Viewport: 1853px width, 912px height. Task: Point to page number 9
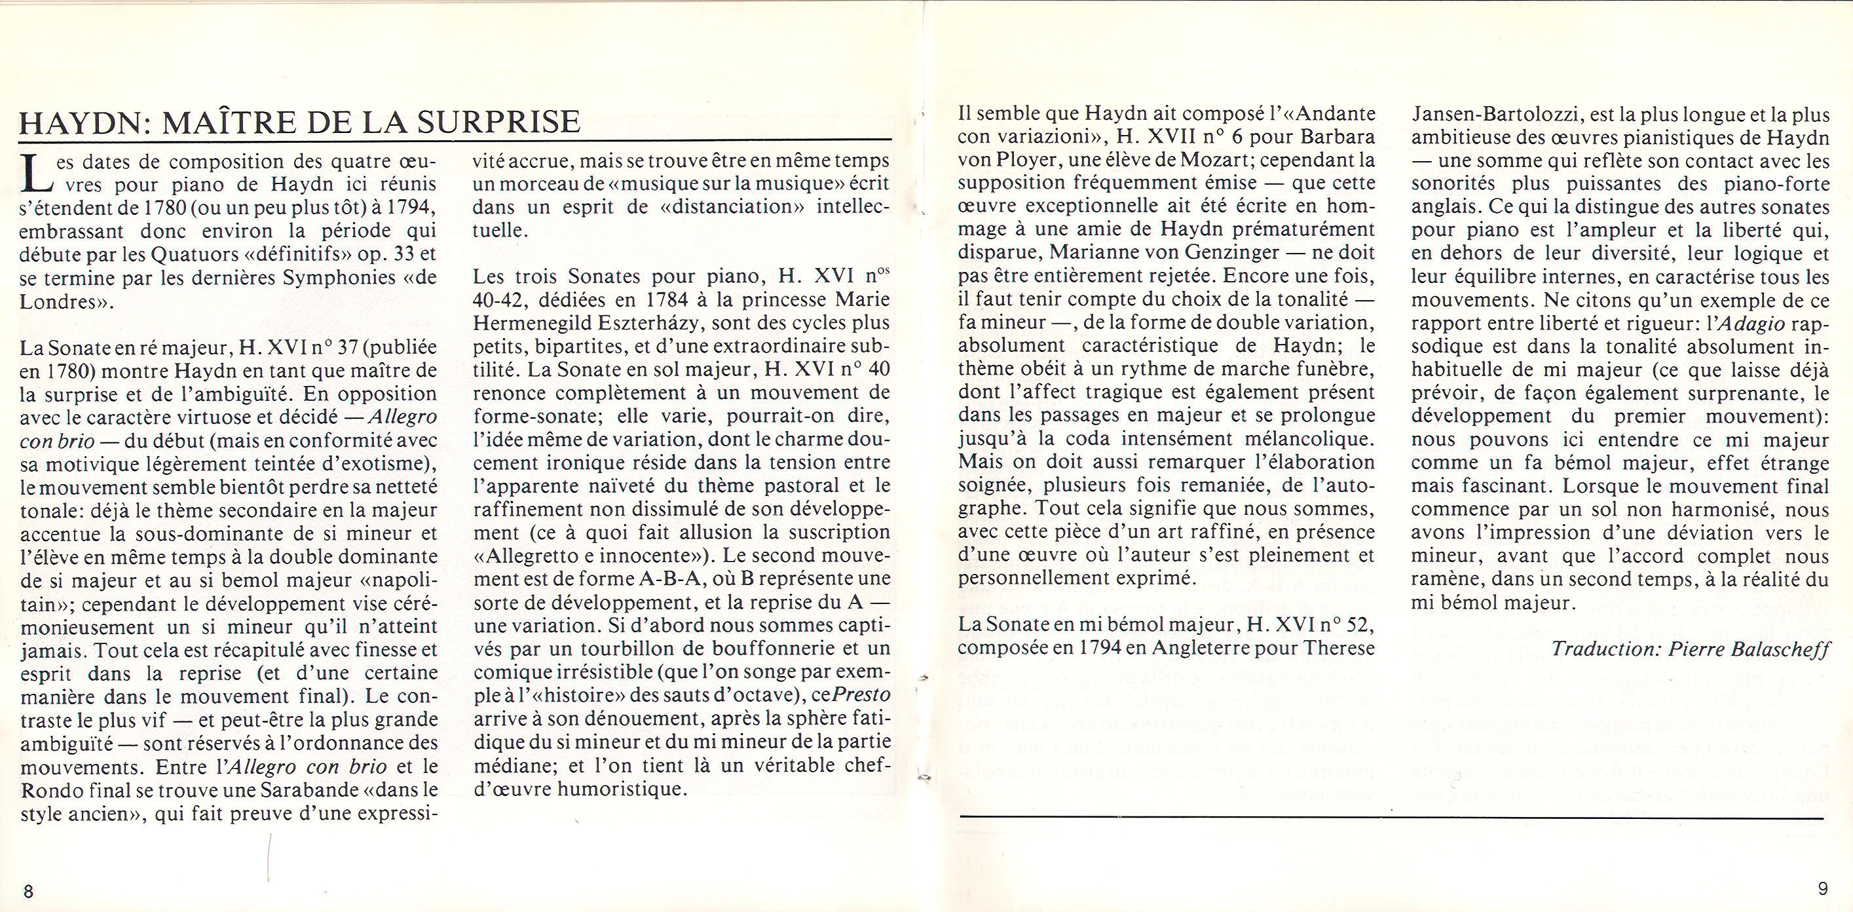(x=1822, y=889)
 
